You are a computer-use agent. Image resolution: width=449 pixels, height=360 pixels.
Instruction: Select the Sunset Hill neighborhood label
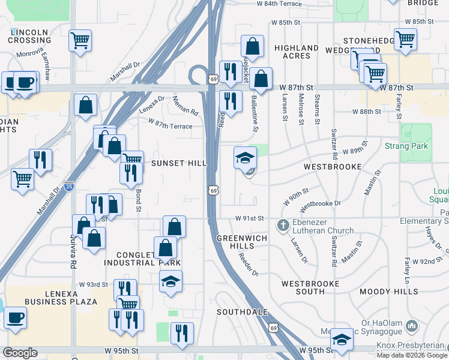pyautogui.click(x=178, y=163)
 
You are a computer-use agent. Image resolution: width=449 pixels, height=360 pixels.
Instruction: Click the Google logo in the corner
pyautogui.click(x=20, y=353)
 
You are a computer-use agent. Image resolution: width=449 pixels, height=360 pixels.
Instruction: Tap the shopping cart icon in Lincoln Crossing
pyautogui.click(x=80, y=41)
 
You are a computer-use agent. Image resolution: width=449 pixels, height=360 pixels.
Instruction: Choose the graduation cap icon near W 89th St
pyautogui.click(x=245, y=158)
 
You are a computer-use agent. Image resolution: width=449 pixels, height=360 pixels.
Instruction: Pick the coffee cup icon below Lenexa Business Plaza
pyautogui.click(x=15, y=317)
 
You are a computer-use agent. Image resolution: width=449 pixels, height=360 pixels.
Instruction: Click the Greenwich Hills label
pyautogui.click(x=240, y=241)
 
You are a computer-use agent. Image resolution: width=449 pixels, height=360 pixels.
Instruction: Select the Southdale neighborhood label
pyautogui.click(x=241, y=312)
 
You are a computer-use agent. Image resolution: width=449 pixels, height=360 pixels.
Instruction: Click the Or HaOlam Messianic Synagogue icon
pyautogui.click(x=412, y=326)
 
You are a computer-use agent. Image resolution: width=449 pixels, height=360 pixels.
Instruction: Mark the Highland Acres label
pyautogui.click(x=296, y=52)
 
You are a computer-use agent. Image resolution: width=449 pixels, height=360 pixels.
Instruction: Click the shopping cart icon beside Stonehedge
pyautogui.click(x=405, y=40)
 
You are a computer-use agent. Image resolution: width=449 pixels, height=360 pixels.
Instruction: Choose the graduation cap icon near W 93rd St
pyautogui.click(x=171, y=281)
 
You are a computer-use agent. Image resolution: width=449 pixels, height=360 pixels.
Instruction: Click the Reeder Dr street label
pyautogui.click(x=247, y=263)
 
